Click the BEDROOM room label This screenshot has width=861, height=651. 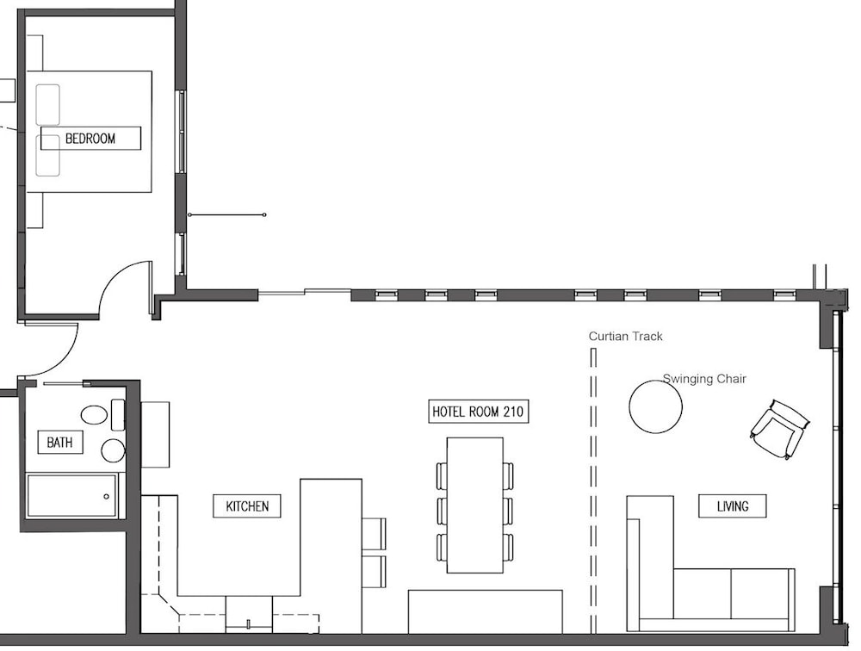(x=90, y=138)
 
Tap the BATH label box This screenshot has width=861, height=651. (x=60, y=443)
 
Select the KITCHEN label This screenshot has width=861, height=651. (x=247, y=506)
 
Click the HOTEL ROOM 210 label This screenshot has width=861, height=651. (x=478, y=412)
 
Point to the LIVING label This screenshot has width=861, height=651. (x=733, y=506)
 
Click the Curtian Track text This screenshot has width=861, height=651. (x=625, y=336)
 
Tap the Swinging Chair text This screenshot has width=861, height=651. (x=704, y=379)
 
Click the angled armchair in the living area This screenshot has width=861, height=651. (x=780, y=429)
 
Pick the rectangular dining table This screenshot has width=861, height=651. (x=475, y=505)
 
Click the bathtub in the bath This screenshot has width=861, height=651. (x=72, y=496)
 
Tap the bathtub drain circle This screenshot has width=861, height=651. (x=107, y=497)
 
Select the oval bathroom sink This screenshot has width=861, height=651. (x=94, y=415)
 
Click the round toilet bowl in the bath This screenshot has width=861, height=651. (x=114, y=450)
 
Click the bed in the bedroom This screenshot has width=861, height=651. (x=90, y=131)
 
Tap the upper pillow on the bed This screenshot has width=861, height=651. (x=47, y=104)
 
